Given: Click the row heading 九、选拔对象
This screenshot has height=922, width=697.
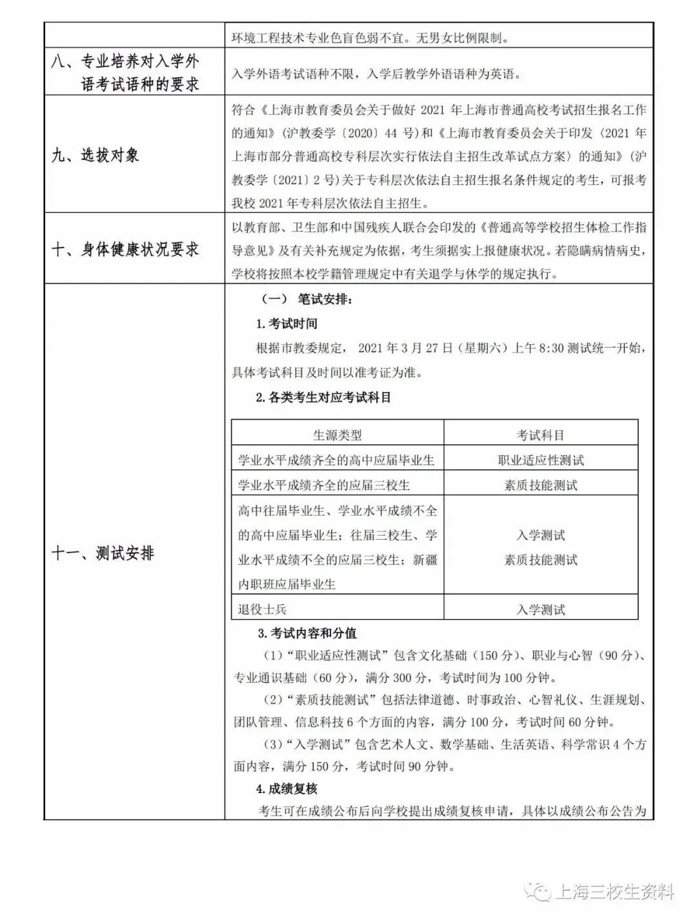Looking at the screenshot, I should click(95, 155).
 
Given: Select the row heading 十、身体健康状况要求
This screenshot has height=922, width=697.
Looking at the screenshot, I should click(125, 250).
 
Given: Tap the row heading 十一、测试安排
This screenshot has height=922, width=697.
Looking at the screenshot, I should click(103, 553).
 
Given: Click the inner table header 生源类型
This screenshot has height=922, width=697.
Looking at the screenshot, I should click(337, 435).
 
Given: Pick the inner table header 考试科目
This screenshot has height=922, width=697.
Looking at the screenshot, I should click(540, 435).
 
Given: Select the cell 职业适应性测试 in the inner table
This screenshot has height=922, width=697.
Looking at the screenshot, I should click(540, 460).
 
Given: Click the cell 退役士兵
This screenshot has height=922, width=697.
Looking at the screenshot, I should click(262, 609).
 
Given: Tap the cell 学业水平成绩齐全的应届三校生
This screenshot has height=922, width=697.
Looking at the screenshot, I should click(324, 485).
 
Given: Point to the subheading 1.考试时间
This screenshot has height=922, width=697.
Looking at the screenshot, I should click(287, 324).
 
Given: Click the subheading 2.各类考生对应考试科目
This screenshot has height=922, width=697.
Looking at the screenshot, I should click(323, 398).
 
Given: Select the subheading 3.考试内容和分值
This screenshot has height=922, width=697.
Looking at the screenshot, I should click(307, 633).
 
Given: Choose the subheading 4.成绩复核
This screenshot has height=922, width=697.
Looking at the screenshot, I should click(287, 789).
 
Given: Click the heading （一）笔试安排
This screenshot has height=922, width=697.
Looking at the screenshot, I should click(307, 299).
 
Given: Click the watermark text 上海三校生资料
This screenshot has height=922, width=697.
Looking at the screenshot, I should click(614, 892).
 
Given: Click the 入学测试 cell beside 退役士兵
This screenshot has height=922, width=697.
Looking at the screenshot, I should click(540, 609).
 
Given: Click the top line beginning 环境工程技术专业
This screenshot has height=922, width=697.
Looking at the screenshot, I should click(370, 37).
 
